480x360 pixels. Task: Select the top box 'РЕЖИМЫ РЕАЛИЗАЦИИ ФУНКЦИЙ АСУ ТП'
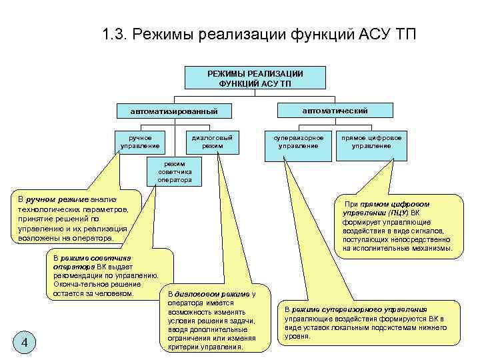pyautogui.click(x=255, y=78)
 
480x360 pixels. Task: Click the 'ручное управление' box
pyautogui.click(x=140, y=141)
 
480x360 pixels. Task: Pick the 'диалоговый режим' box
pyautogui.click(x=212, y=141)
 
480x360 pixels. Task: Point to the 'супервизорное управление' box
pyautogui.click(x=299, y=141)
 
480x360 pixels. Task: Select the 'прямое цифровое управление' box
pyautogui.click(x=372, y=141)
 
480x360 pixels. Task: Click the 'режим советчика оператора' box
pyautogui.click(x=175, y=171)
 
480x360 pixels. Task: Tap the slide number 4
pyautogui.click(x=24, y=343)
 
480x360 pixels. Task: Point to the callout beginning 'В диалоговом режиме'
pyautogui.click(x=211, y=320)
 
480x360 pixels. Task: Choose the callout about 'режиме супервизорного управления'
pyautogui.click(x=370, y=323)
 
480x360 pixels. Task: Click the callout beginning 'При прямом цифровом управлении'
pyautogui.click(x=398, y=226)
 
